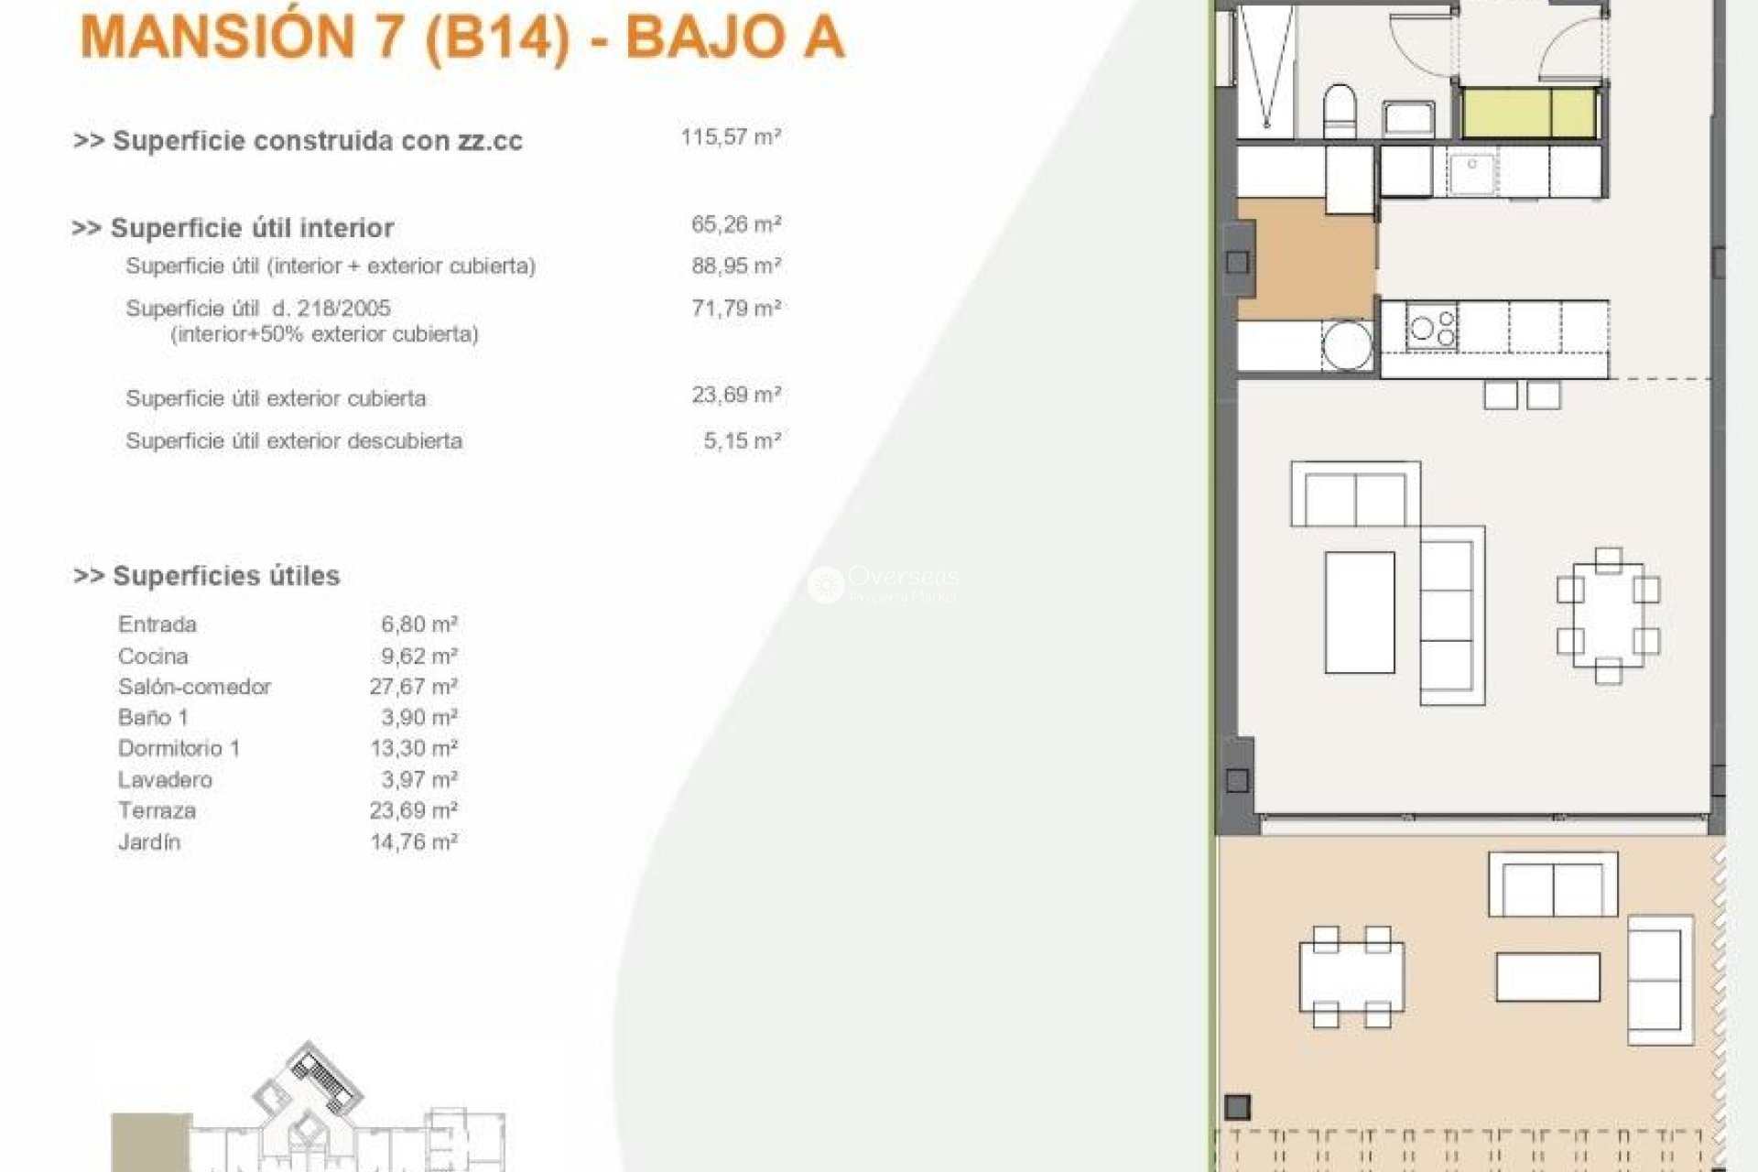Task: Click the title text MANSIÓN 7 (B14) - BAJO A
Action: [462, 38]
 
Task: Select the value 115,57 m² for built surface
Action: [730, 137]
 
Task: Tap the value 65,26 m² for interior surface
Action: [735, 224]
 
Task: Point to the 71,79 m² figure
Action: [735, 309]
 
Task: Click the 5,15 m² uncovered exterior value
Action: [742, 441]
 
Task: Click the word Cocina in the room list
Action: [153, 657]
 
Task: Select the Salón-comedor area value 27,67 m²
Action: [413, 687]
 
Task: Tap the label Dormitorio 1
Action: [179, 748]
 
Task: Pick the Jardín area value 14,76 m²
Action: [413, 842]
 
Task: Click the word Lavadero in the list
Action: [165, 780]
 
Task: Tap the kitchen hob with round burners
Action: [1432, 328]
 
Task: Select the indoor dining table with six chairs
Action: [1608, 614]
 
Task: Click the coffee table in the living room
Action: [1360, 612]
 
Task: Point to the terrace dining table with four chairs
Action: [1351, 977]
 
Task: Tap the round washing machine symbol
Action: [1346, 345]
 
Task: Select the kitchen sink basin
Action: [1471, 174]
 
